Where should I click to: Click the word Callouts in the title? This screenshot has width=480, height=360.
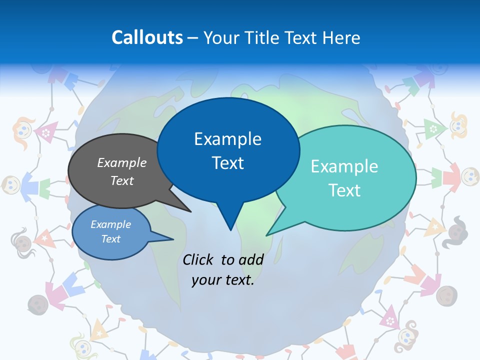point(147,37)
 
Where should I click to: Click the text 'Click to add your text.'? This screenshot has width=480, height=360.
point(223,270)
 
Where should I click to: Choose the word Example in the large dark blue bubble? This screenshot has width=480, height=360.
point(227,139)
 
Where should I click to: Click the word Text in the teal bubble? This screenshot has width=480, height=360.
point(344,190)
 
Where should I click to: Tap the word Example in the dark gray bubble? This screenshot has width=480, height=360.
point(121,163)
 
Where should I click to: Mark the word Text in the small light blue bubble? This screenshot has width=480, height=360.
point(110,239)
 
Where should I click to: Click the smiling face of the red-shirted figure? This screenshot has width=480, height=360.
point(470,175)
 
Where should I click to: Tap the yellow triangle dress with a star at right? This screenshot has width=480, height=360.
point(434,227)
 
